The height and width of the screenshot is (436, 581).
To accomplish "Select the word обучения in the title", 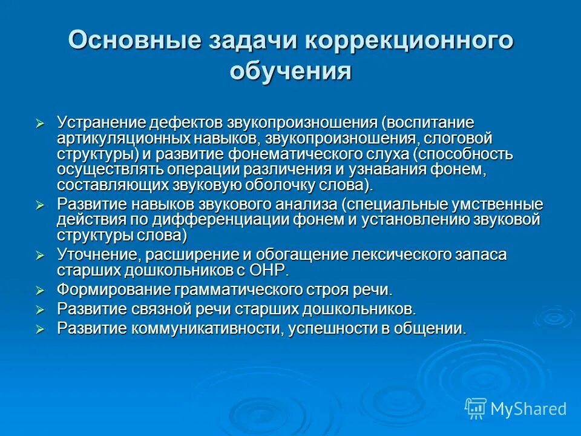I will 290,71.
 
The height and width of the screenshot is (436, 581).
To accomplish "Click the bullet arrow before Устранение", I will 41,124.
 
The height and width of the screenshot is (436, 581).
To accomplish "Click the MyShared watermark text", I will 528,408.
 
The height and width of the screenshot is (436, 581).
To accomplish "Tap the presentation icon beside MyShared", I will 475,408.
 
